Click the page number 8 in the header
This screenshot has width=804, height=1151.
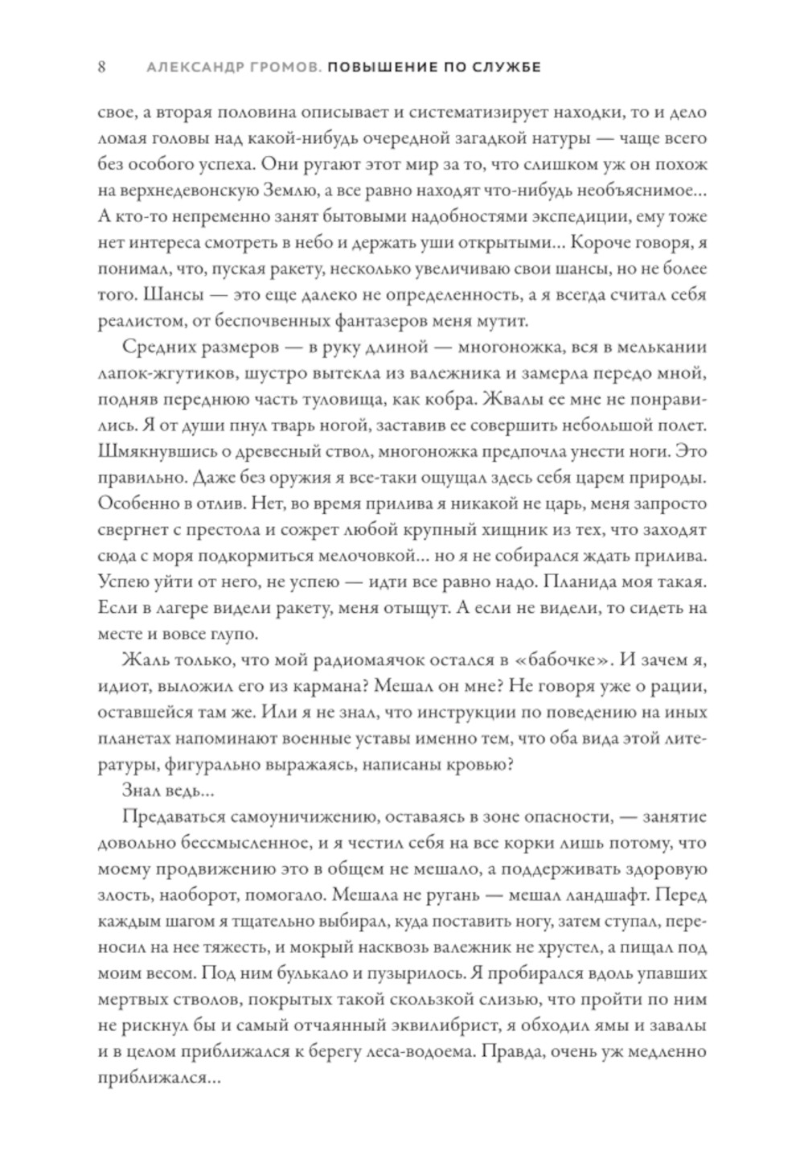101,68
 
